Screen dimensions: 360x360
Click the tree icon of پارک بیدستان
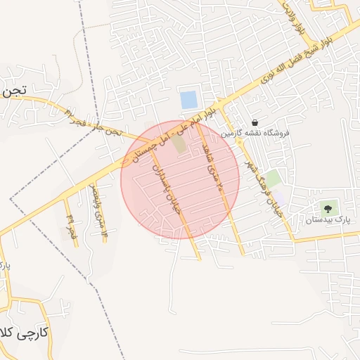coord(328,208)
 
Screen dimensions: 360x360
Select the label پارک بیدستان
coord(328,220)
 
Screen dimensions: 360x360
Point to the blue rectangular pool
coord(188,100)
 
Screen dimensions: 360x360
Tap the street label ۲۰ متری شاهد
coord(215,166)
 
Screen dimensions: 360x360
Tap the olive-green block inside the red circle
coord(179,143)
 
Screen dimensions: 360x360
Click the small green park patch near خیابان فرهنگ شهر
coord(272,179)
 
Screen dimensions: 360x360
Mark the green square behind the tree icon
coord(328,208)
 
